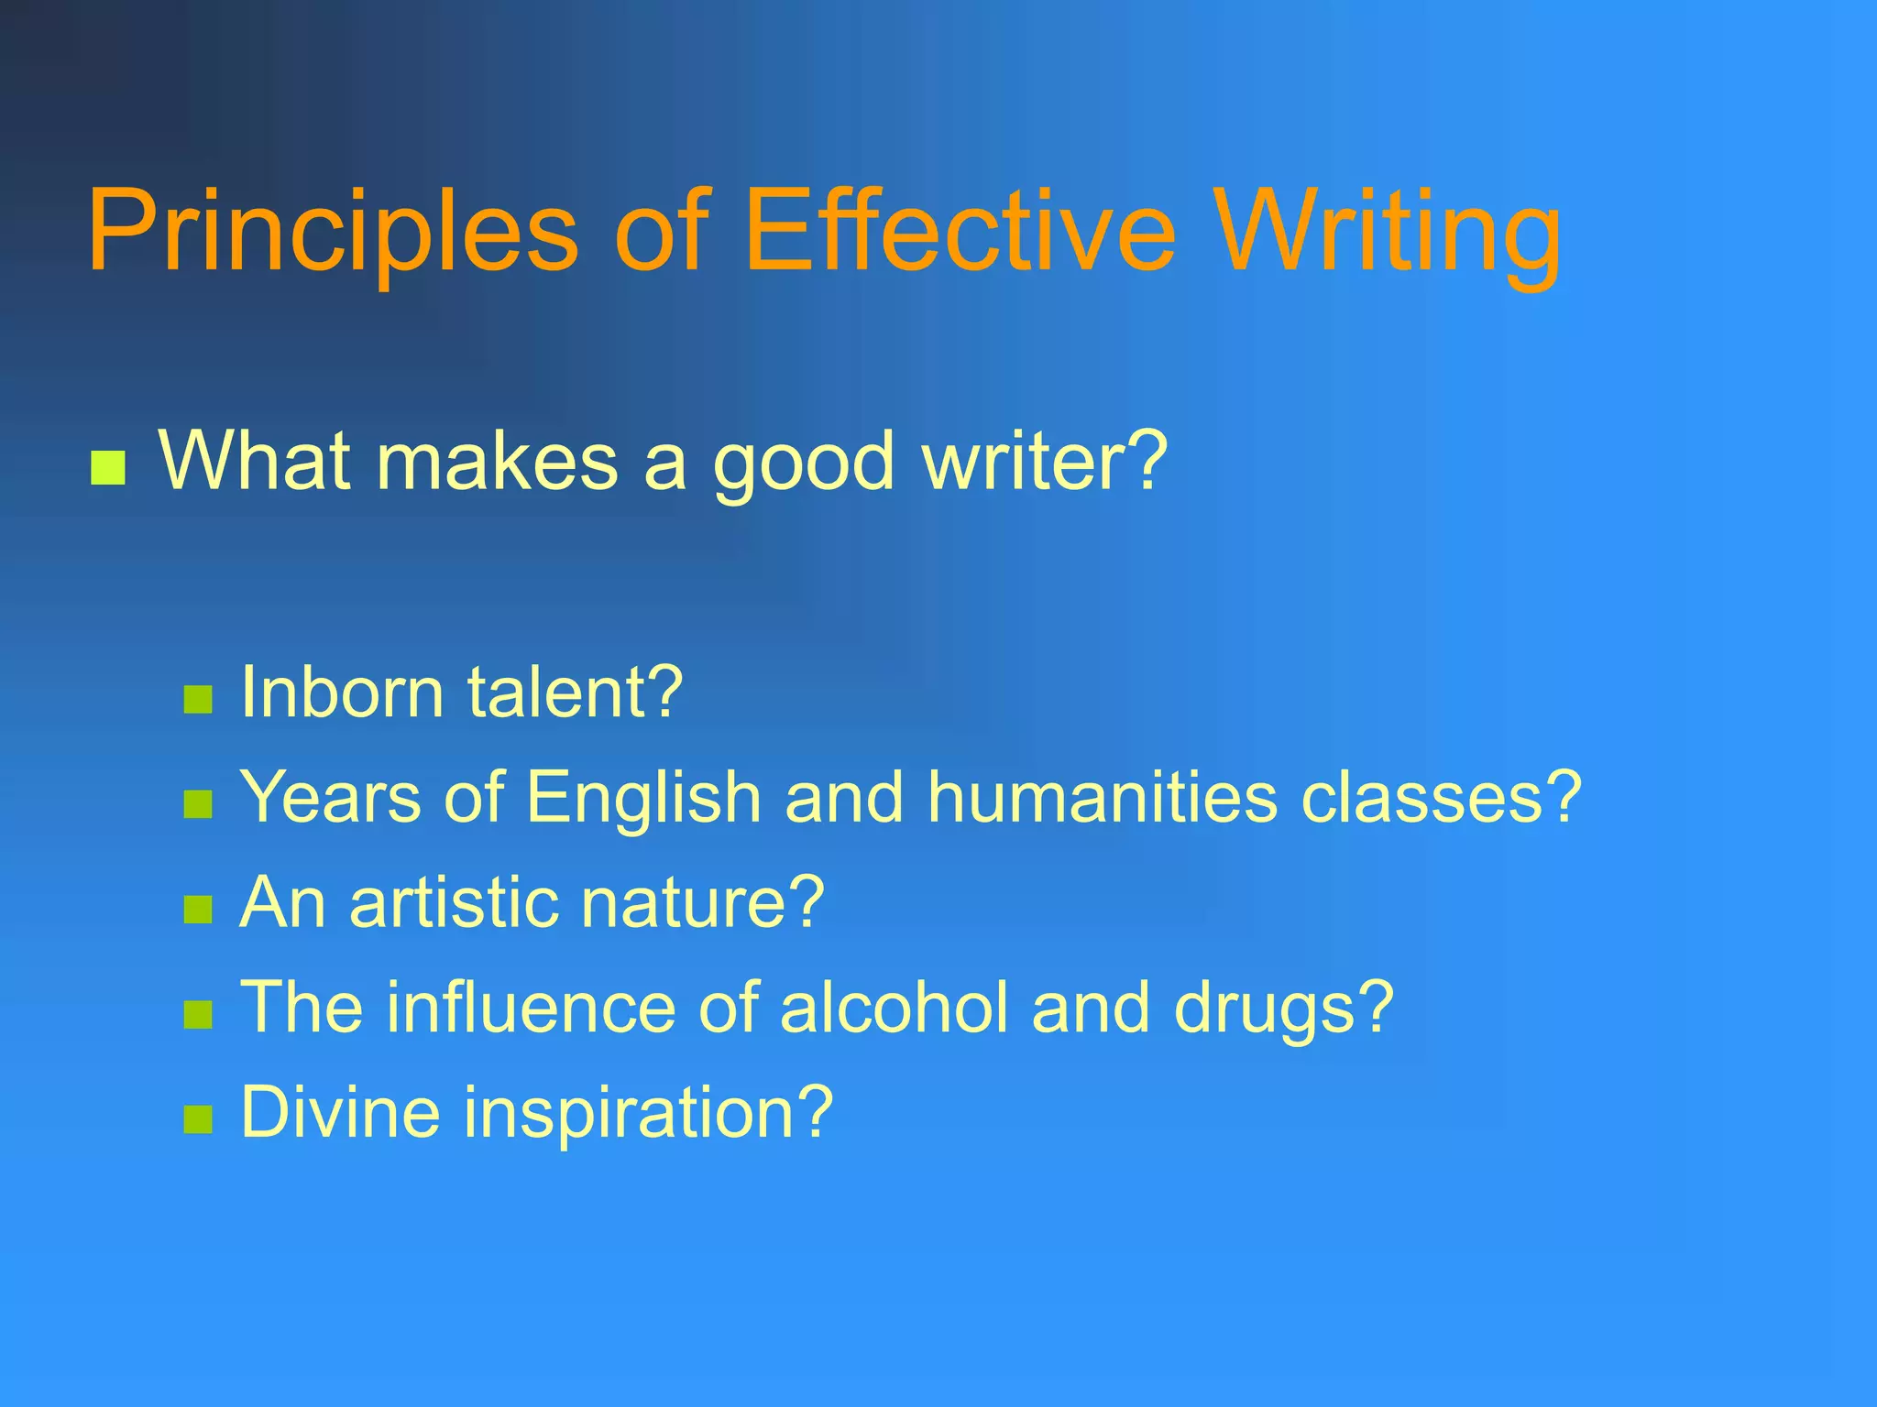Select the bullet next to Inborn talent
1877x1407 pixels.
(x=198, y=700)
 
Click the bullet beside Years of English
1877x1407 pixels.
(x=198, y=804)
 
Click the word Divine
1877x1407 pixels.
(x=340, y=1112)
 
